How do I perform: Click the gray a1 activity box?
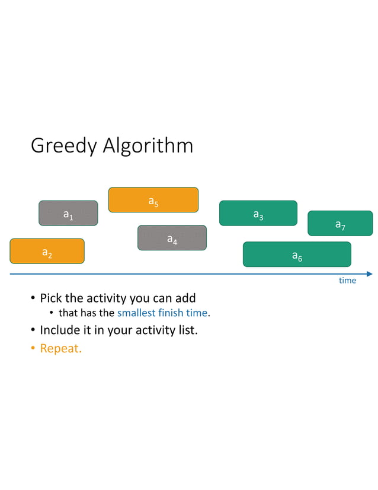(x=68, y=214)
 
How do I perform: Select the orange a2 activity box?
(x=47, y=251)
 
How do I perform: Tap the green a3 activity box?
(x=258, y=214)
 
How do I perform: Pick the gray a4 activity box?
(x=172, y=238)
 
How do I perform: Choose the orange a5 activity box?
(x=153, y=200)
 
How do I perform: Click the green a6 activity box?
(x=297, y=254)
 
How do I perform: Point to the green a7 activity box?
(x=340, y=224)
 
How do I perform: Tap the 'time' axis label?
(x=347, y=281)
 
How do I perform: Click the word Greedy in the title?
(x=63, y=146)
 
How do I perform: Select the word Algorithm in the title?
(x=148, y=146)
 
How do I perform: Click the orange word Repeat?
(x=60, y=348)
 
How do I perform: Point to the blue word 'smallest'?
(x=138, y=313)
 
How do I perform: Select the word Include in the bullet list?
(x=60, y=330)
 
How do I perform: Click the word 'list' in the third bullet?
(x=188, y=330)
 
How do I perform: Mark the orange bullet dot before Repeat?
(x=33, y=349)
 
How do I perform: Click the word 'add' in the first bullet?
(x=184, y=298)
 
